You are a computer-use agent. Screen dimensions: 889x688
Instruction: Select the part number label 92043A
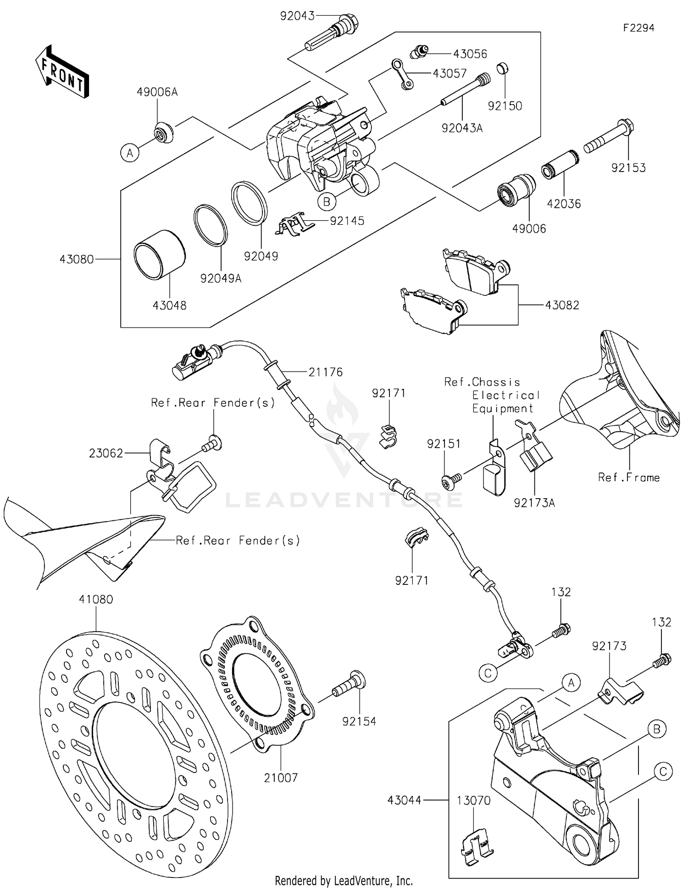pyautogui.click(x=462, y=128)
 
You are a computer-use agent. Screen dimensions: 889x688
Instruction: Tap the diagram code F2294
pyautogui.click(x=638, y=28)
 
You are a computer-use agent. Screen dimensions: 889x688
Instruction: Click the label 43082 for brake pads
pyautogui.click(x=562, y=305)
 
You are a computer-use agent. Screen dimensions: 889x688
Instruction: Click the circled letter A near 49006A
pyautogui.click(x=130, y=153)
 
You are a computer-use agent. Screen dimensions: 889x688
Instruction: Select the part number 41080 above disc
pyautogui.click(x=95, y=599)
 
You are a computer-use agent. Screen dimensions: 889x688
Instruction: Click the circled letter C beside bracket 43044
pyautogui.click(x=663, y=772)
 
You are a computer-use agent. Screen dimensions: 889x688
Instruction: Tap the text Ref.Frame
pyautogui.click(x=628, y=478)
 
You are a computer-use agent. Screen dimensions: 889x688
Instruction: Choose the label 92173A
pyautogui.click(x=534, y=503)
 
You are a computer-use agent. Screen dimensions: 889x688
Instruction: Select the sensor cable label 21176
pyautogui.click(x=325, y=372)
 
